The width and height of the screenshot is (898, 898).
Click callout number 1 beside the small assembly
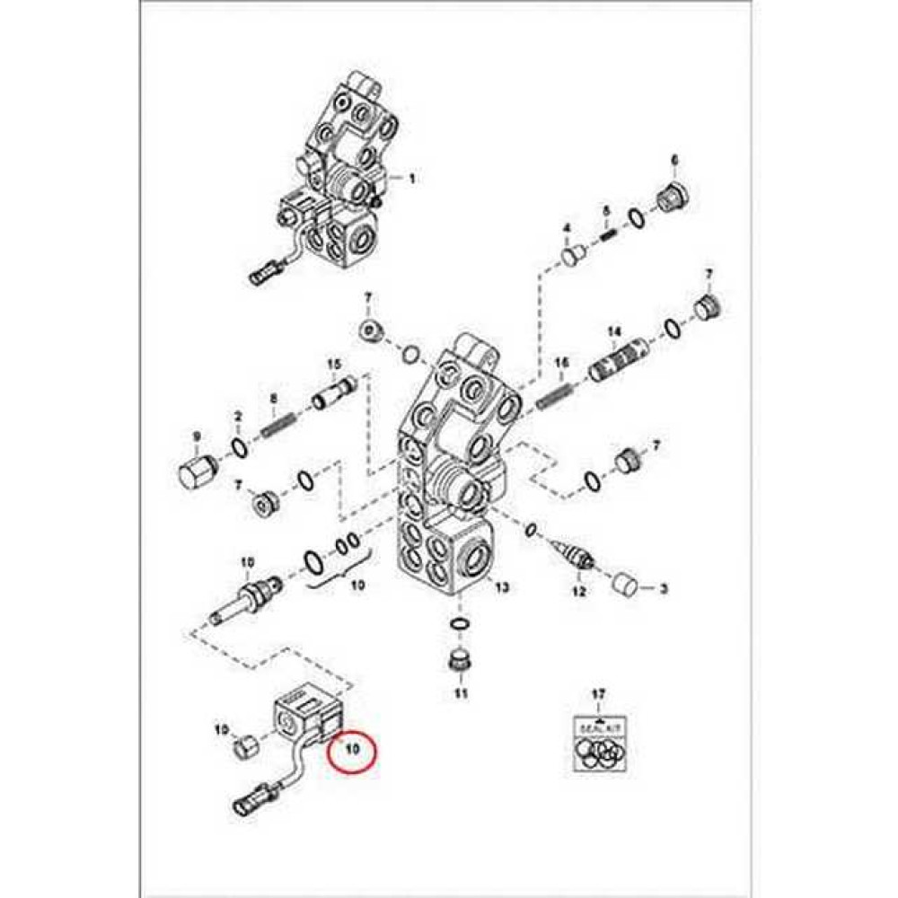pyautogui.click(x=412, y=179)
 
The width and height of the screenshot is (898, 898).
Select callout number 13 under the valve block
pyautogui.click(x=501, y=588)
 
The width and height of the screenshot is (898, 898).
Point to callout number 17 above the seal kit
pyautogui.click(x=599, y=693)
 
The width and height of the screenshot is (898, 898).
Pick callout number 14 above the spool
pyautogui.click(x=614, y=332)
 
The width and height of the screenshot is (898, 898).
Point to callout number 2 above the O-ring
pyautogui.click(x=239, y=417)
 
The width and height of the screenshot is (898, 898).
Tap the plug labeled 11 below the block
pyautogui.click(x=460, y=663)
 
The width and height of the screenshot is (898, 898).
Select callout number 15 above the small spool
pyautogui.click(x=334, y=365)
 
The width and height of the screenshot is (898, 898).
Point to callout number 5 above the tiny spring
pyautogui.click(x=606, y=211)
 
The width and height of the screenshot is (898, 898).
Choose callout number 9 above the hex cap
pyautogui.click(x=197, y=437)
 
